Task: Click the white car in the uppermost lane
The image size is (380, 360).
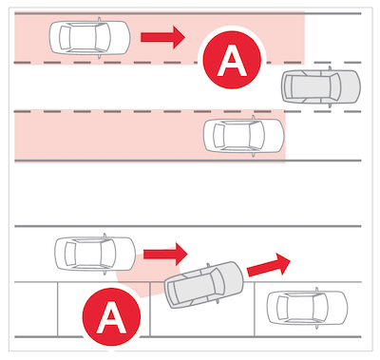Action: tap(89, 38)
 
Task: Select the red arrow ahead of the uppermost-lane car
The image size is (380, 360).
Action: tap(162, 37)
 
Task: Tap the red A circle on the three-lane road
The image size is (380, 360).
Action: tap(232, 60)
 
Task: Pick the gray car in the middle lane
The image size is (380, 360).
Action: tap(321, 86)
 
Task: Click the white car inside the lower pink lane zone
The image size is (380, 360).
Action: tap(244, 136)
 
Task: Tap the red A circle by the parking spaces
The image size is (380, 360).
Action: tap(111, 316)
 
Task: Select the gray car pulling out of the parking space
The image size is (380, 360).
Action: tap(204, 285)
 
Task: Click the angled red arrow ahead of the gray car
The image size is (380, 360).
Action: tap(269, 265)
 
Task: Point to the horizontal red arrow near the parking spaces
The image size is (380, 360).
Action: tap(165, 255)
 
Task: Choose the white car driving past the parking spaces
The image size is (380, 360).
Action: tap(95, 254)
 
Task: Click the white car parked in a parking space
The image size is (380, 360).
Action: tap(307, 308)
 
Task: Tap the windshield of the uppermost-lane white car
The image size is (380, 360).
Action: tap(103, 38)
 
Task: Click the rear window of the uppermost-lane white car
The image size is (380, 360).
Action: tap(65, 38)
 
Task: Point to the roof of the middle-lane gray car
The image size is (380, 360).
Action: tap(311, 86)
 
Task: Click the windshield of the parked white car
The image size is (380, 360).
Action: tap(320, 308)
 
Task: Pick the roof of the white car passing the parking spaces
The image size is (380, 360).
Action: tap(88, 254)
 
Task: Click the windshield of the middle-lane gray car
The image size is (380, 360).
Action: tap(335, 86)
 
